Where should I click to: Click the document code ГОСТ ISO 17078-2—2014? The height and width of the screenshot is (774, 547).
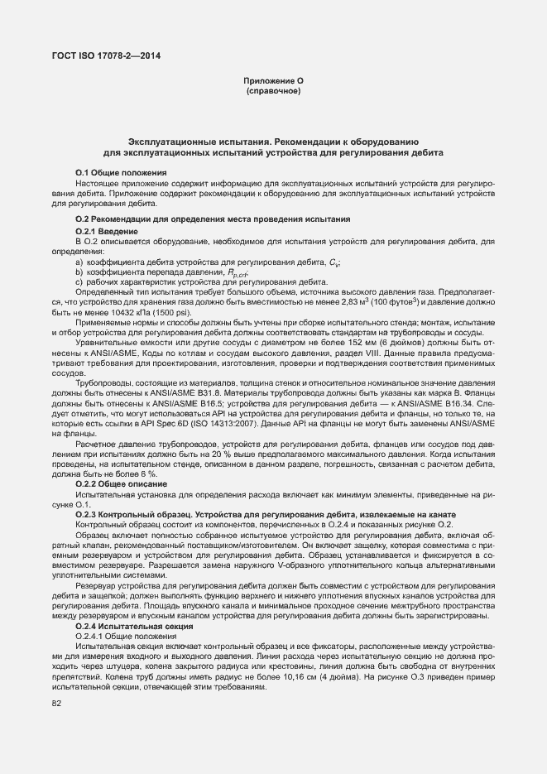[106, 56]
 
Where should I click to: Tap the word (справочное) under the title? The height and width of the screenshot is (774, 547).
[274, 90]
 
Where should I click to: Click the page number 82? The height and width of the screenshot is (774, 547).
[57, 704]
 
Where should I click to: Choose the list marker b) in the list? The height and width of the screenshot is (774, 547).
[79, 272]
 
